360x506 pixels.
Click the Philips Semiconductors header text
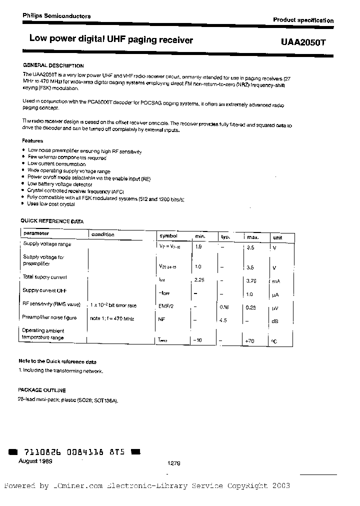click(56, 16)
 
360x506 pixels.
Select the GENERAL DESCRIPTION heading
click(53, 65)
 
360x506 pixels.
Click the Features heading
click(33, 141)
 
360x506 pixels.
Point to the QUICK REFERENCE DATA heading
click(51, 221)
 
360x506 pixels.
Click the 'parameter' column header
click(36, 233)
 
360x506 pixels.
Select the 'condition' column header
click(102, 234)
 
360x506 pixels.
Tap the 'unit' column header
click(277, 237)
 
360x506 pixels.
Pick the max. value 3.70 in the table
click(251, 281)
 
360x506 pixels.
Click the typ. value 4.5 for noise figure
click(223, 320)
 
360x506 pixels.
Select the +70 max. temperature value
click(249, 340)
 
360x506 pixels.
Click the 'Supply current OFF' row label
click(45, 290)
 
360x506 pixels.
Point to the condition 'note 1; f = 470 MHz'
click(112, 318)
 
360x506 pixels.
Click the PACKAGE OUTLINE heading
click(42, 390)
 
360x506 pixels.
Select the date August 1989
click(35, 461)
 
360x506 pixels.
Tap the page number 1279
click(173, 464)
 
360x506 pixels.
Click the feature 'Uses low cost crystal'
click(51, 204)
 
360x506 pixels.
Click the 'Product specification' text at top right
click(303, 20)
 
